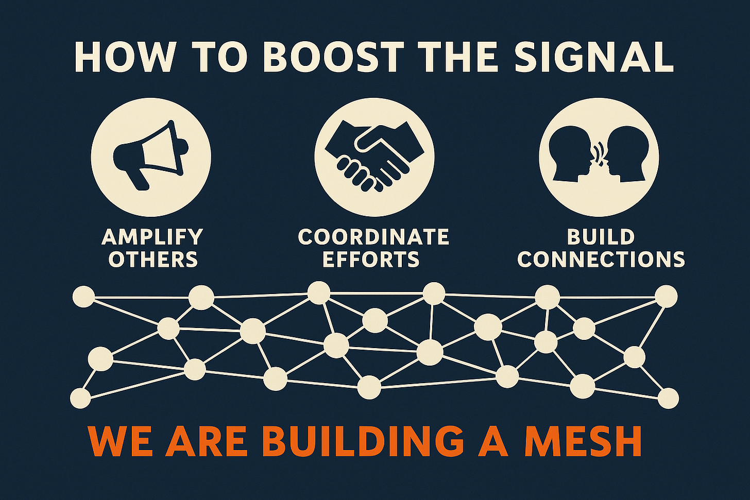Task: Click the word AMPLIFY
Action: [152, 237]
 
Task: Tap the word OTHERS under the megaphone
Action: [153, 259]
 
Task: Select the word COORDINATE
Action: [373, 237]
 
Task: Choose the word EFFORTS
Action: [371, 259]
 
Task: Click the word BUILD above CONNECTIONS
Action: [601, 237]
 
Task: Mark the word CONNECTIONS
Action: [601, 259]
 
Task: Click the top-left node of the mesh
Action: [83, 297]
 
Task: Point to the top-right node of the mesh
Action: [666, 296]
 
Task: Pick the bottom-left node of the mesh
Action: [80, 398]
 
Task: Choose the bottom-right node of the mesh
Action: [668, 398]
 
